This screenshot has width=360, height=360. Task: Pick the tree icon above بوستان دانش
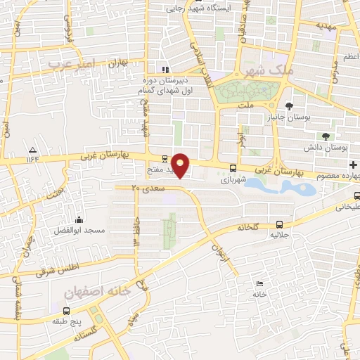point(325,136)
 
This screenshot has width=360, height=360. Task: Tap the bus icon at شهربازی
point(233,168)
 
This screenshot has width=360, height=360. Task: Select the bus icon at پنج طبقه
point(66,310)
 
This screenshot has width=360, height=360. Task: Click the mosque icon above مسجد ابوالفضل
point(78,219)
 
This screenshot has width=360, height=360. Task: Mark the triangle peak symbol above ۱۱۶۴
point(32,150)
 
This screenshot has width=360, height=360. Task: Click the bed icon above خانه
point(259,283)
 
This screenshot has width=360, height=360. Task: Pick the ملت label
point(245,105)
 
